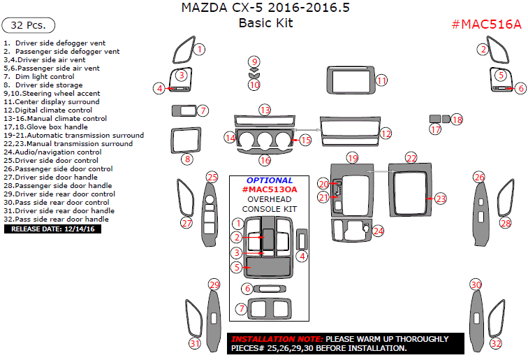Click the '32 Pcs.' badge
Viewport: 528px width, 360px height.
tap(29, 25)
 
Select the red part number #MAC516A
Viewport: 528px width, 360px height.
tap(486, 24)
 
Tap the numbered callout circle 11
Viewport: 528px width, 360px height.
tap(381, 81)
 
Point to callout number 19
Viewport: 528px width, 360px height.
tap(353, 158)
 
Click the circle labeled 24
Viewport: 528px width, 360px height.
tap(379, 230)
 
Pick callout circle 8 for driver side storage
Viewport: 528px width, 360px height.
tap(187, 159)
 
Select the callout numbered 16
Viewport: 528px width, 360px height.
tap(265, 161)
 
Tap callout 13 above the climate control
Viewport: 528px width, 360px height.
tap(265, 110)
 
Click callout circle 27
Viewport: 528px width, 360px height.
tap(186, 223)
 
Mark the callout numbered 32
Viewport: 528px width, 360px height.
tap(496, 344)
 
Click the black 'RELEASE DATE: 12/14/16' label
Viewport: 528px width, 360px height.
tap(52, 229)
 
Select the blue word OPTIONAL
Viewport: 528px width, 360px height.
tap(270, 180)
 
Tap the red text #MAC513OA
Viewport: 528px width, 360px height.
tap(270, 189)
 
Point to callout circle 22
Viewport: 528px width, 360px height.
tap(411, 158)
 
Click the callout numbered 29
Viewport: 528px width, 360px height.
tap(214, 285)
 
